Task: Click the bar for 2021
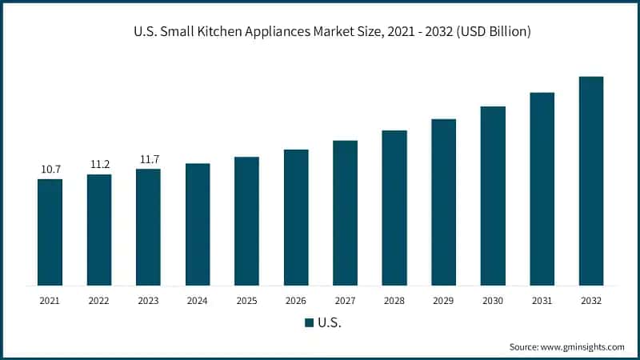click(50, 232)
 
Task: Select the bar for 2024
click(198, 224)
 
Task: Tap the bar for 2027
click(345, 213)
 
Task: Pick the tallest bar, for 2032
click(591, 181)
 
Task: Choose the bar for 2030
click(493, 195)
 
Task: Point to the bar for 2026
click(296, 217)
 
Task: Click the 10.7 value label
click(50, 170)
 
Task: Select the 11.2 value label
click(99, 165)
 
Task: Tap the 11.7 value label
click(148, 159)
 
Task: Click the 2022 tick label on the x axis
click(99, 300)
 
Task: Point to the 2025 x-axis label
click(246, 300)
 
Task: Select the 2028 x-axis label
click(394, 300)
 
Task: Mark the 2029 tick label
click(444, 300)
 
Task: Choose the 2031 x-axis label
click(542, 300)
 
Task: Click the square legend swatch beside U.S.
click(309, 323)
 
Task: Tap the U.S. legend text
click(330, 323)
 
